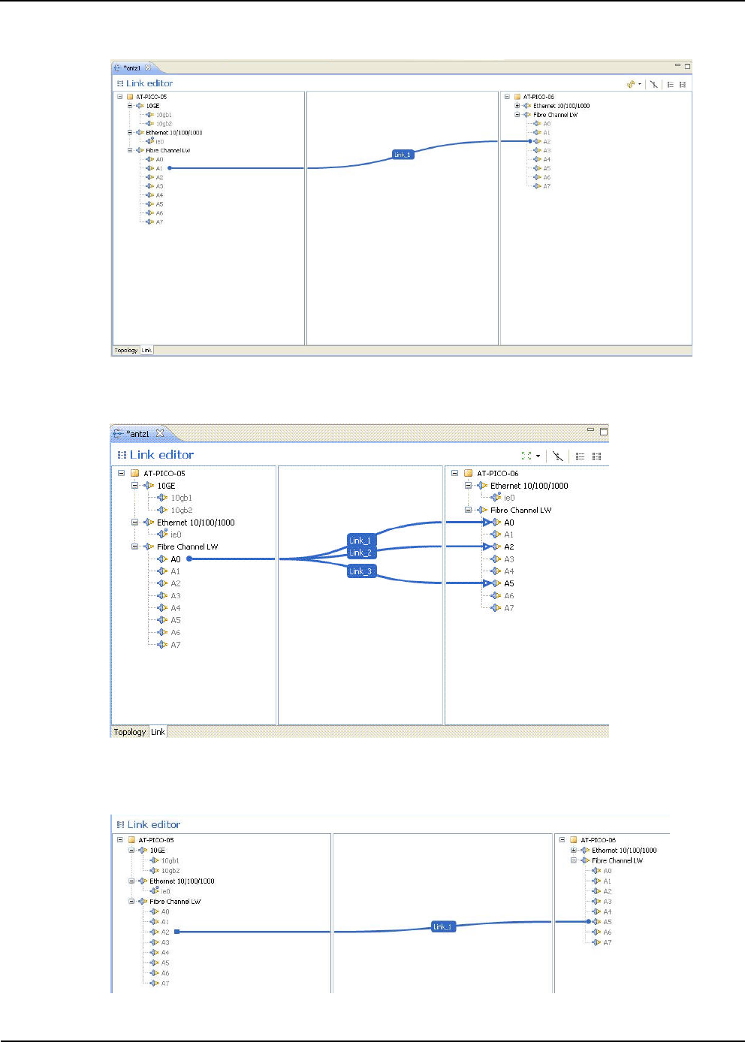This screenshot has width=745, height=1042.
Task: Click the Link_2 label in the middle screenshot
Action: click(360, 553)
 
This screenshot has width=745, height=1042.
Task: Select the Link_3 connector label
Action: click(360, 571)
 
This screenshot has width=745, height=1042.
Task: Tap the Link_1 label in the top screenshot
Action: click(403, 155)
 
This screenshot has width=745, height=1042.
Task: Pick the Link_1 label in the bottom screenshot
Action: click(443, 926)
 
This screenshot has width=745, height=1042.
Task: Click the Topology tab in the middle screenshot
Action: click(129, 732)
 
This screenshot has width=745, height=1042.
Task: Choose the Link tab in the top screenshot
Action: click(146, 350)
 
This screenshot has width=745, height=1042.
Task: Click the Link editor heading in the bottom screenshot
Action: click(154, 824)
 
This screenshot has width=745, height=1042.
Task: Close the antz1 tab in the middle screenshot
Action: click(160, 433)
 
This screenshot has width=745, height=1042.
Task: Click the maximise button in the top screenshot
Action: click(687, 66)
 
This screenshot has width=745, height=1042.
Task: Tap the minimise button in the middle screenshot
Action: click(590, 430)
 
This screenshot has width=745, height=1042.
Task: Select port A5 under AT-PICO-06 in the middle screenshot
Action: click(508, 583)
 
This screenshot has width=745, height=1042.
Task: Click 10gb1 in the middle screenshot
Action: click(181, 498)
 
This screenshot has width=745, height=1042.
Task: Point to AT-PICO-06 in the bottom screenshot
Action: click(598, 840)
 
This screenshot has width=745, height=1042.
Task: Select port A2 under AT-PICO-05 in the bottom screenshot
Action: click(165, 932)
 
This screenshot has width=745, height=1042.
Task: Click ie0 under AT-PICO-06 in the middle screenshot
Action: click(509, 498)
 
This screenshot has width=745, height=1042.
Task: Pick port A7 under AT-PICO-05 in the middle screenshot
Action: click(175, 645)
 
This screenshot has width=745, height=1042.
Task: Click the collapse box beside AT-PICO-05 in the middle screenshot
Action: click(121, 473)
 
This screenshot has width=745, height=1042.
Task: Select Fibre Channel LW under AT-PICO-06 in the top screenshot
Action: click(555, 115)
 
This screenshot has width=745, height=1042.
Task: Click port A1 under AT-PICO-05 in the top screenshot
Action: click(159, 168)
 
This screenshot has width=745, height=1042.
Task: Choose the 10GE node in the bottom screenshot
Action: click(157, 851)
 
